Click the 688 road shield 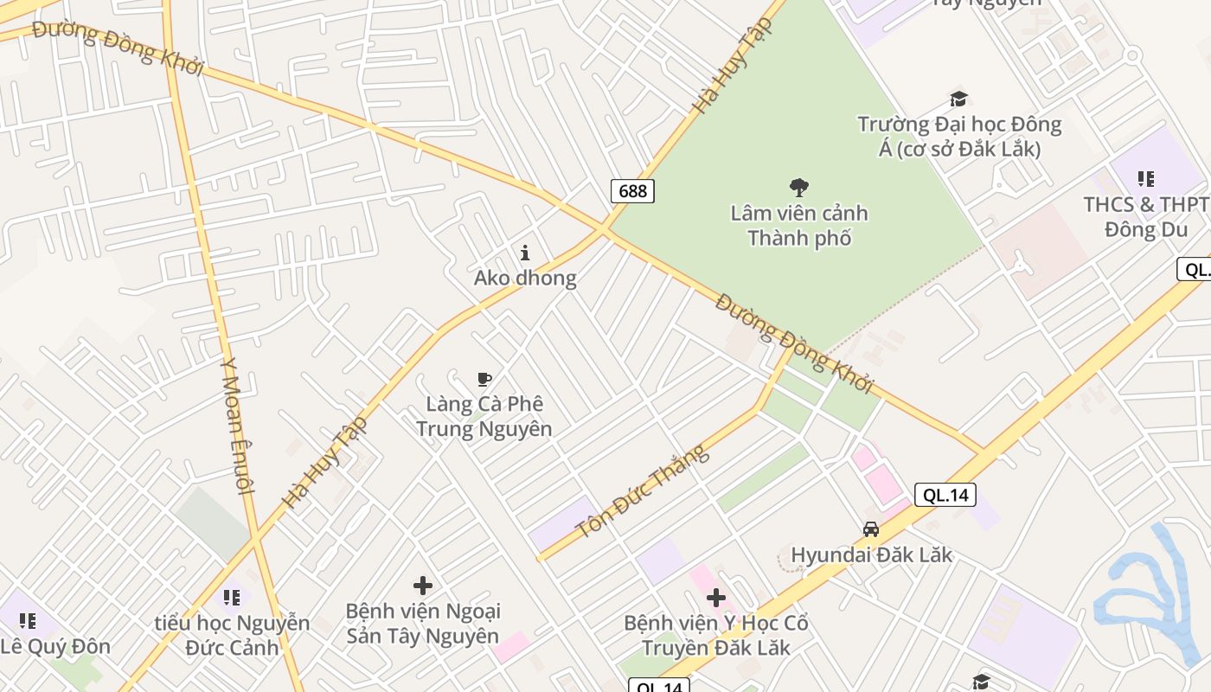coord(632,190)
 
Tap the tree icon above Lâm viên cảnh coord(799,187)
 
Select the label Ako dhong coord(525,278)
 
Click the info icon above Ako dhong coord(525,253)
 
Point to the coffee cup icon coord(484,379)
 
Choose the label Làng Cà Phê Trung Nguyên coord(484,416)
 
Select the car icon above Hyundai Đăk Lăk coord(871,529)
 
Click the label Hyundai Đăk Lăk coord(871,554)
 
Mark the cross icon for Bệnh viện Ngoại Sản coord(423,586)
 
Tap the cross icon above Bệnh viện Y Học coord(715,598)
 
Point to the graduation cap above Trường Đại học coord(958,99)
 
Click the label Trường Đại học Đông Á coord(959,137)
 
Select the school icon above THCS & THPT coord(1146,179)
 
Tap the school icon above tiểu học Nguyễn coord(232,597)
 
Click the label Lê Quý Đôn coord(55,646)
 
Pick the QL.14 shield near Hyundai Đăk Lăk coord(945,495)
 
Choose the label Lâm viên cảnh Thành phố coord(799,225)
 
